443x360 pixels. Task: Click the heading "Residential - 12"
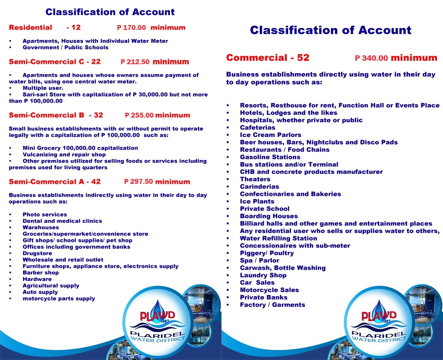coord(45,28)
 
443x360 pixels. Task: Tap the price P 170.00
coord(132,28)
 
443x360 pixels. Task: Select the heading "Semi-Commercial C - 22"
coord(55,62)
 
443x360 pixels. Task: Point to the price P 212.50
coord(135,62)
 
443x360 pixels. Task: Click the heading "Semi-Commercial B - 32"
coord(56,115)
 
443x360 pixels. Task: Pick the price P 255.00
coord(139,115)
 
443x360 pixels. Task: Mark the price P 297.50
coord(138,182)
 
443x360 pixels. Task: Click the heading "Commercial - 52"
coord(268,58)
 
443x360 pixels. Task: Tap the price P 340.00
coord(371,58)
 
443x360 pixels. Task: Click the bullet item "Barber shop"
coord(41,273)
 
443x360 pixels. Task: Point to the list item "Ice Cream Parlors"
coord(271,135)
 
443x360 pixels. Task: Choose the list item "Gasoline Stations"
coord(270,157)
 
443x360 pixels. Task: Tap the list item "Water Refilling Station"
coord(278,238)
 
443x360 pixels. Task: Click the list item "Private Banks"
coord(264,297)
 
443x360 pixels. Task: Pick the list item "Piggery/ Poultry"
coord(267,253)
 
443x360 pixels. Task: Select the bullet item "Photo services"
coord(45,215)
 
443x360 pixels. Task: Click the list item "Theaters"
coord(255,179)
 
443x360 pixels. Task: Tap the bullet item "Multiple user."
coord(43,88)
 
